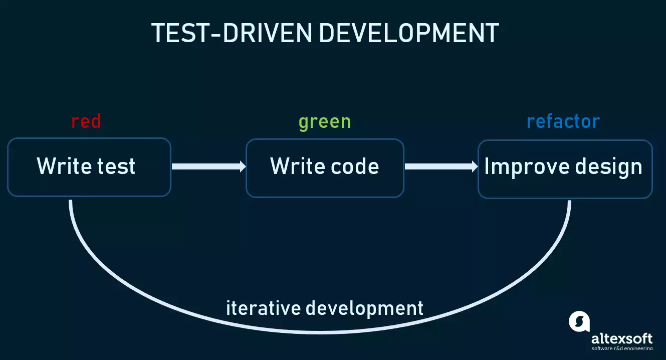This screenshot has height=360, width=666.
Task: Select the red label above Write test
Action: pyautogui.click(x=86, y=121)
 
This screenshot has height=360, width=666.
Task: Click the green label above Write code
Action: pyautogui.click(x=325, y=122)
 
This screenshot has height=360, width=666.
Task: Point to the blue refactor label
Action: pyautogui.click(x=563, y=121)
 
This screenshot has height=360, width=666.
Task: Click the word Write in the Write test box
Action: pyautogui.click(x=64, y=166)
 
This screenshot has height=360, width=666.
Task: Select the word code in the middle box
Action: pyautogui.click(x=355, y=166)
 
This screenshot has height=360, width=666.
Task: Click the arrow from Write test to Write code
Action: pyautogui.click(x=208, y=166)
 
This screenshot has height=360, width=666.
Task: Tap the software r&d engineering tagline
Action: pyautogui.click(x=622, y=348)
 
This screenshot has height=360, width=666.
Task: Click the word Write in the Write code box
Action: pyautogui.click(x=297, y=166)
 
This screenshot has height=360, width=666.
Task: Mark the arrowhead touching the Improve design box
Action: pyautogui.click(x=475, y=166)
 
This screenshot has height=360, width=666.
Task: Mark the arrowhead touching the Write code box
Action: pyautogui.click(x=243, y=166)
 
